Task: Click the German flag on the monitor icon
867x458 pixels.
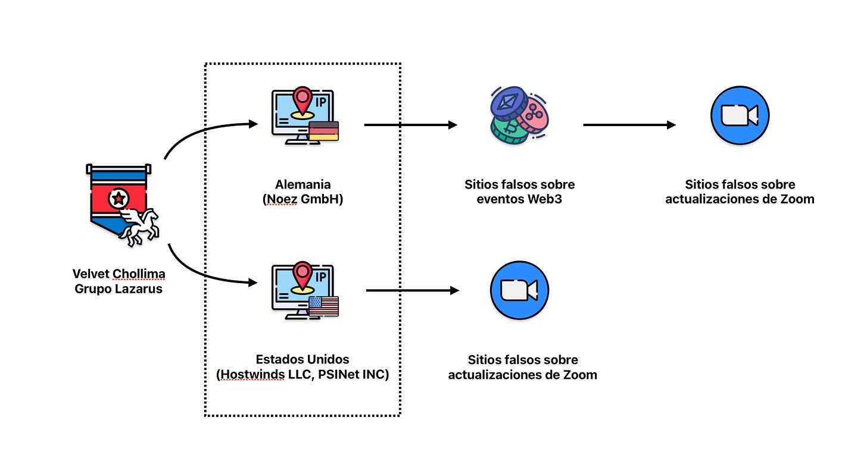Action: pyautogui.click(x=324, y=130)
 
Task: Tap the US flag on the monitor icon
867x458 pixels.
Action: pyautogui.click(x=324, y=306)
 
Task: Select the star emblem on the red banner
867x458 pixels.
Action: pyautogui.click(x=118, y=197)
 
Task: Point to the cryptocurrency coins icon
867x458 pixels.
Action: pyautogui.click(x=519, y=115)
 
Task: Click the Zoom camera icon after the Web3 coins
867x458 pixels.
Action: pyautogui.click(x=740, y=115)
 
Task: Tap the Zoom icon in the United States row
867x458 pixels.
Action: pyautogui.click(x=519, y=290)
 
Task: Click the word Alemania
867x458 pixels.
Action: pyautogui.click(x=302, y=184)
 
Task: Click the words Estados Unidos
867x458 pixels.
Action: pyautogui.click(x=302, y=359)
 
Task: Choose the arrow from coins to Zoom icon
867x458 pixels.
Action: pyautogui.click(x=629, y=125)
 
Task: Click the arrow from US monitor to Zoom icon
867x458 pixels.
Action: pyautogui.click(x=412, y=290)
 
